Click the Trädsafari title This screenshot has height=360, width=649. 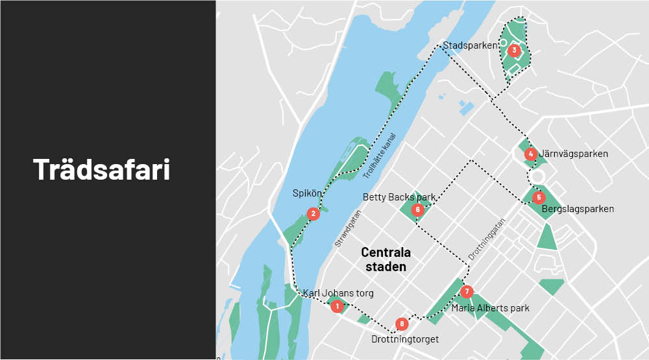(102, 169)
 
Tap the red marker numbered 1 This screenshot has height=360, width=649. (337, 306)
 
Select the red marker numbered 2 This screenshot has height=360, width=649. (313, 213)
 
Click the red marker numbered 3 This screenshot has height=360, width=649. (514, 50)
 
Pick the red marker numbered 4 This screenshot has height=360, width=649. (531, 154)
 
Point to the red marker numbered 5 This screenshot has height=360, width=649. (538, 197)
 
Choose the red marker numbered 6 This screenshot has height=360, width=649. (418, 210)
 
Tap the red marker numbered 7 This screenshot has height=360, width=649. (466, 291)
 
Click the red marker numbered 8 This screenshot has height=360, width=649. (402, 324)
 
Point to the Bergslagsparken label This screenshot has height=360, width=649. (577, 209)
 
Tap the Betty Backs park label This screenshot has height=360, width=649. (398, 197)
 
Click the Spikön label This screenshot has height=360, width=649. (305, 193)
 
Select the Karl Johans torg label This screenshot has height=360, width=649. (338, 293)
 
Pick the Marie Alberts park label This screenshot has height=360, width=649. (490, 308)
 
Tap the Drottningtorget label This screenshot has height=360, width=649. (405, 339)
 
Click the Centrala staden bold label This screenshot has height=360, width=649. (386, 259)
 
